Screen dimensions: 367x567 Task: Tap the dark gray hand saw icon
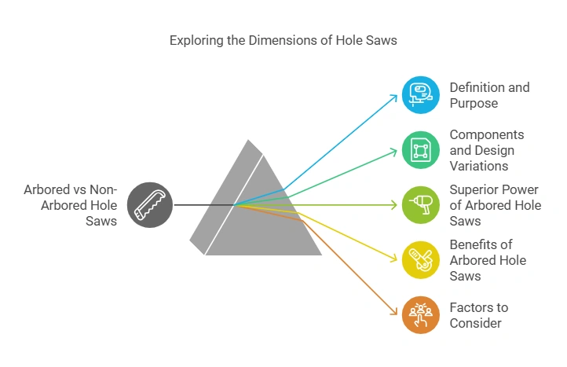pos(149,205)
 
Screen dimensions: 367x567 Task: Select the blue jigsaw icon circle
pos(421,95)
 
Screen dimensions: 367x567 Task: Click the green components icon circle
pos(421,150)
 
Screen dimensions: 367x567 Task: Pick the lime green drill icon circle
pos(421,205)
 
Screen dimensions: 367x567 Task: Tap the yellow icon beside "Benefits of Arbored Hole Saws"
pos(421,260)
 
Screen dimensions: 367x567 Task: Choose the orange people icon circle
pos(421,314)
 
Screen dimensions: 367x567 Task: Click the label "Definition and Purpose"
pos(489,95)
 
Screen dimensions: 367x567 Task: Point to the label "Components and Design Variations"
pos(487,150)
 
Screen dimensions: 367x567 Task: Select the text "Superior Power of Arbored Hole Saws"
pos(496,205)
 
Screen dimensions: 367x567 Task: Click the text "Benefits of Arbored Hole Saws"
pos(488,260)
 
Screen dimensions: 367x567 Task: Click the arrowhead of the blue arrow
pos(395,96)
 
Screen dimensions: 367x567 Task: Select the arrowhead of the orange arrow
pos(395,314)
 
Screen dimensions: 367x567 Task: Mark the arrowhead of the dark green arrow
pos(395,150)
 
